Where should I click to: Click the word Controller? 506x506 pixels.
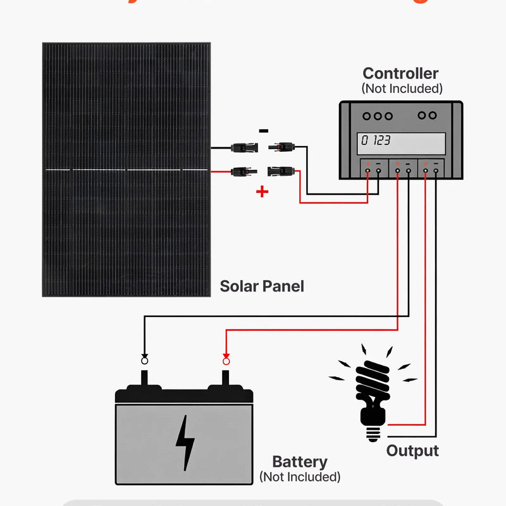[400, 74]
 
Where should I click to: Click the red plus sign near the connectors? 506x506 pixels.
[262, 192]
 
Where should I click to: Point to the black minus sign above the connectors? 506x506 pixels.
[264, 131]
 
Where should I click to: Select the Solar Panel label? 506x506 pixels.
[262, 286]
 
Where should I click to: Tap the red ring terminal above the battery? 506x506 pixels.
[226, 361]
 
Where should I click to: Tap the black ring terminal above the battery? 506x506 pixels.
[144, 361]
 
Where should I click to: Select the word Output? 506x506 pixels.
[412, 451]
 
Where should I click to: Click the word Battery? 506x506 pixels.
[300, 462]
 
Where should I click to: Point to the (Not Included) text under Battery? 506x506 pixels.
[300, 477]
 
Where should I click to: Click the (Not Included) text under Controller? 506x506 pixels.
[402, 89]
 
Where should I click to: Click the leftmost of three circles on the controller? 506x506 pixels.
[367, 116]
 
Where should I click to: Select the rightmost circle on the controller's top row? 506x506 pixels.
[433, 115]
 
